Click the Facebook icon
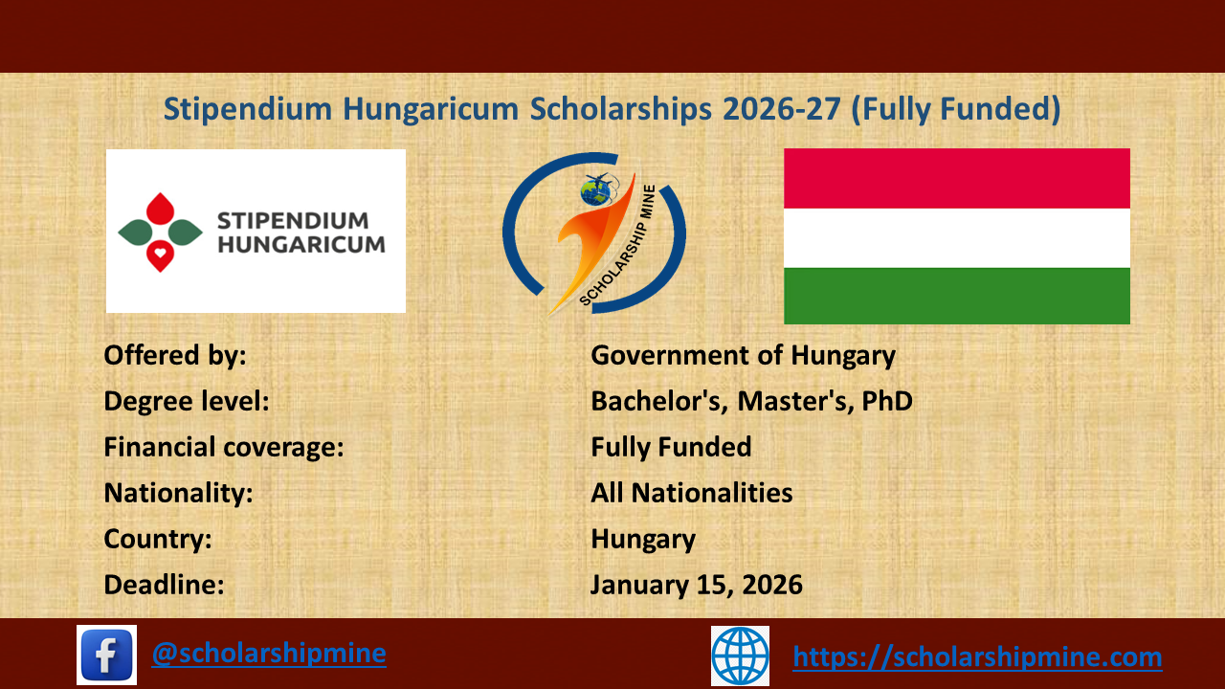click(x=106, y=655)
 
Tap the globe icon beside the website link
click(x=740, y=656)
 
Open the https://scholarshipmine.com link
click(x=977, y=656)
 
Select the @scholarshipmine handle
click(x=269, y=653)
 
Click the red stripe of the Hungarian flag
click(x=956, y=178)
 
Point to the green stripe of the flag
click(x=956, y=296)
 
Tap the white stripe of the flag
click(x=956, y=237)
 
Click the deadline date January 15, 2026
click(x=696, y=584)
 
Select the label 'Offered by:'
click(x=175, y=356)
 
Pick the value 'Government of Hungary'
click(x=743, y=356)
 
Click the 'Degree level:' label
click(x=186, y=401)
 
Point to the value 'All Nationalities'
click(x=691, y=493)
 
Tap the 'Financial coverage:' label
click(x=223, y=447)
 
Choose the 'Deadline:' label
click(x=164, y=584)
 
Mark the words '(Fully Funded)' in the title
click(x=956, y=110)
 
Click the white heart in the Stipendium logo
click(x=161, y=255)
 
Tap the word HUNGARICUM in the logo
click(x=301, y=243)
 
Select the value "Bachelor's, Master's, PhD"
click(x=751, y=401)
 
